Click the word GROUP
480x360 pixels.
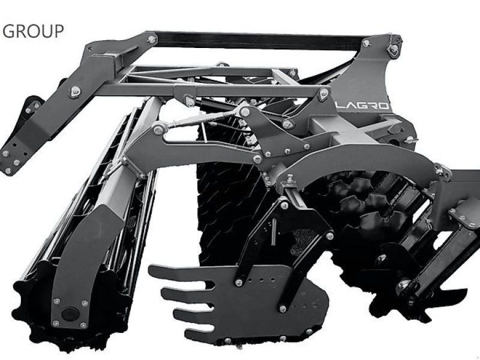pos(33,31)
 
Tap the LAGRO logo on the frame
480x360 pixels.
pos(364,106)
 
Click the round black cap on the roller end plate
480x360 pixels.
pos(70,314)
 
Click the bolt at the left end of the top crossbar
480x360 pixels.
pos(152,39)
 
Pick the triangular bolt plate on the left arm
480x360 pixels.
pos(75,91)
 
